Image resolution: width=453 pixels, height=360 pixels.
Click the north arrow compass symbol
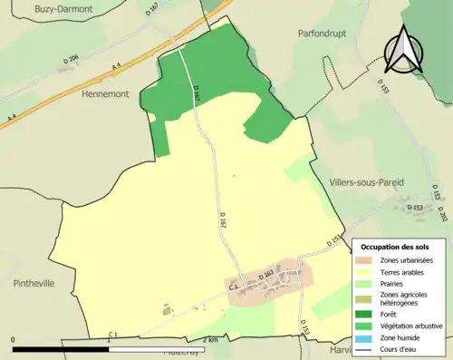point(404,50)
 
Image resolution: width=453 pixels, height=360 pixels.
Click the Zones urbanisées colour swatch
point(369,260)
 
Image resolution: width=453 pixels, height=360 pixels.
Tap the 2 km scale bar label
point(209,340)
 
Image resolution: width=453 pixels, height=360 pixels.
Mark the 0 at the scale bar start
point(14,340)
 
